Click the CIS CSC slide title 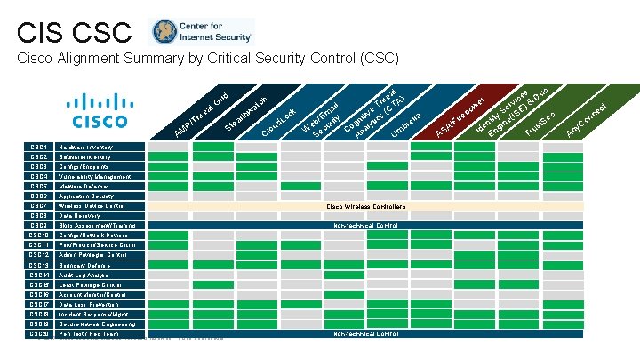74,33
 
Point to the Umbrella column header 412,124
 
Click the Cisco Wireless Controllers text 366,206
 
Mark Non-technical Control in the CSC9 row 365,226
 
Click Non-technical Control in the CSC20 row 365,334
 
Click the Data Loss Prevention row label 90,304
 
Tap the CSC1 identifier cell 38,147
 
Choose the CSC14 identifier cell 38,275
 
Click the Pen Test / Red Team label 89,334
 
